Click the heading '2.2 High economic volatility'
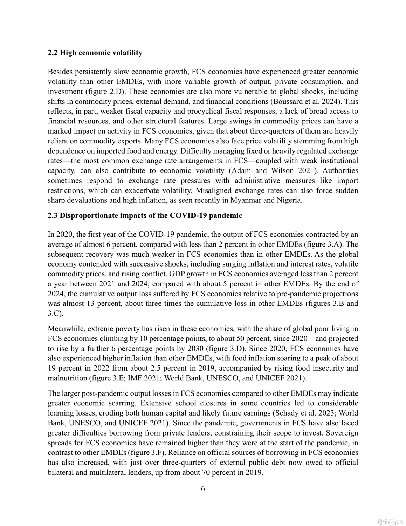click(x=95, y=53)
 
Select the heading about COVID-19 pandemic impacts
click(x=145, y=215)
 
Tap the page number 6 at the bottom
click(x=203, y=488)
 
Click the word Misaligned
click(x=213, y=191)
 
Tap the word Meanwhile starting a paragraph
click(x=66, y=329)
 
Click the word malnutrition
click(x=67, y=378)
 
